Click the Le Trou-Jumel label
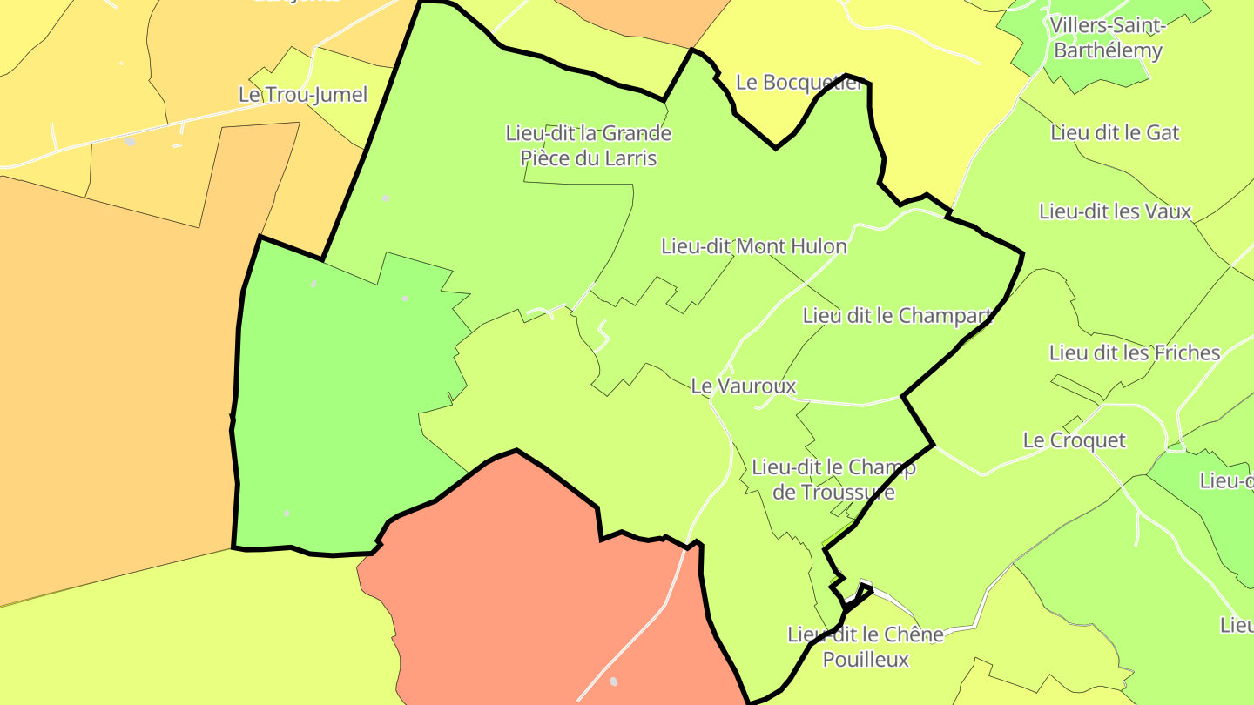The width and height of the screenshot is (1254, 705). click(x=303, y=95)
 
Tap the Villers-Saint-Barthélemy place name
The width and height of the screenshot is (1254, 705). click(x=1108, y=37)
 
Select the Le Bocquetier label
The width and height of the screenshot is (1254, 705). click(x=799, y=83)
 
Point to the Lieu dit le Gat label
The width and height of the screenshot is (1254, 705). click(x=1115, y=133)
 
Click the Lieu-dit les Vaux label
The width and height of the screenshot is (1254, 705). click(x=1115, y=211)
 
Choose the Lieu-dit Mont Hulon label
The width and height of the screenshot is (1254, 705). click(x=753, y=246)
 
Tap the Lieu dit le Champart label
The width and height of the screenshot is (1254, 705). click(x=897, y=316)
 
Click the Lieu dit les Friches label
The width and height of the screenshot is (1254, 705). click(x=1135, y=353)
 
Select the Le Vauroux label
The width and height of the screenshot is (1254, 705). click(x=744, y=386)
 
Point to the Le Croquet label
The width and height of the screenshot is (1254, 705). click(x=1075, y=440)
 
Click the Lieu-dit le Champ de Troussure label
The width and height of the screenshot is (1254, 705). click(x=833, y=480)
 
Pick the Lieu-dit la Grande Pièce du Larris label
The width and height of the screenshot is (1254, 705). click(x=589, y=145)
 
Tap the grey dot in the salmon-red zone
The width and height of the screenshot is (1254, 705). click(x=613, y=681)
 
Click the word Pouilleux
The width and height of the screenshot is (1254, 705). click(x=866, y=660)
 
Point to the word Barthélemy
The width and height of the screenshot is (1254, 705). click(x=1108, y=50)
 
